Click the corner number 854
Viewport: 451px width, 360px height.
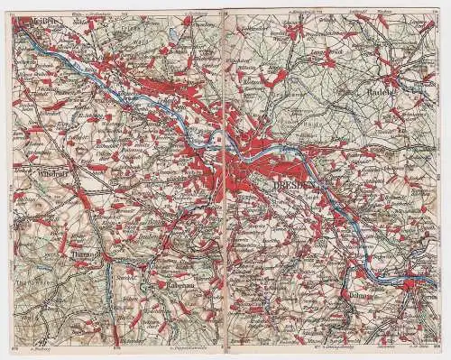pyautogui.click(x=436, y=343)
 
